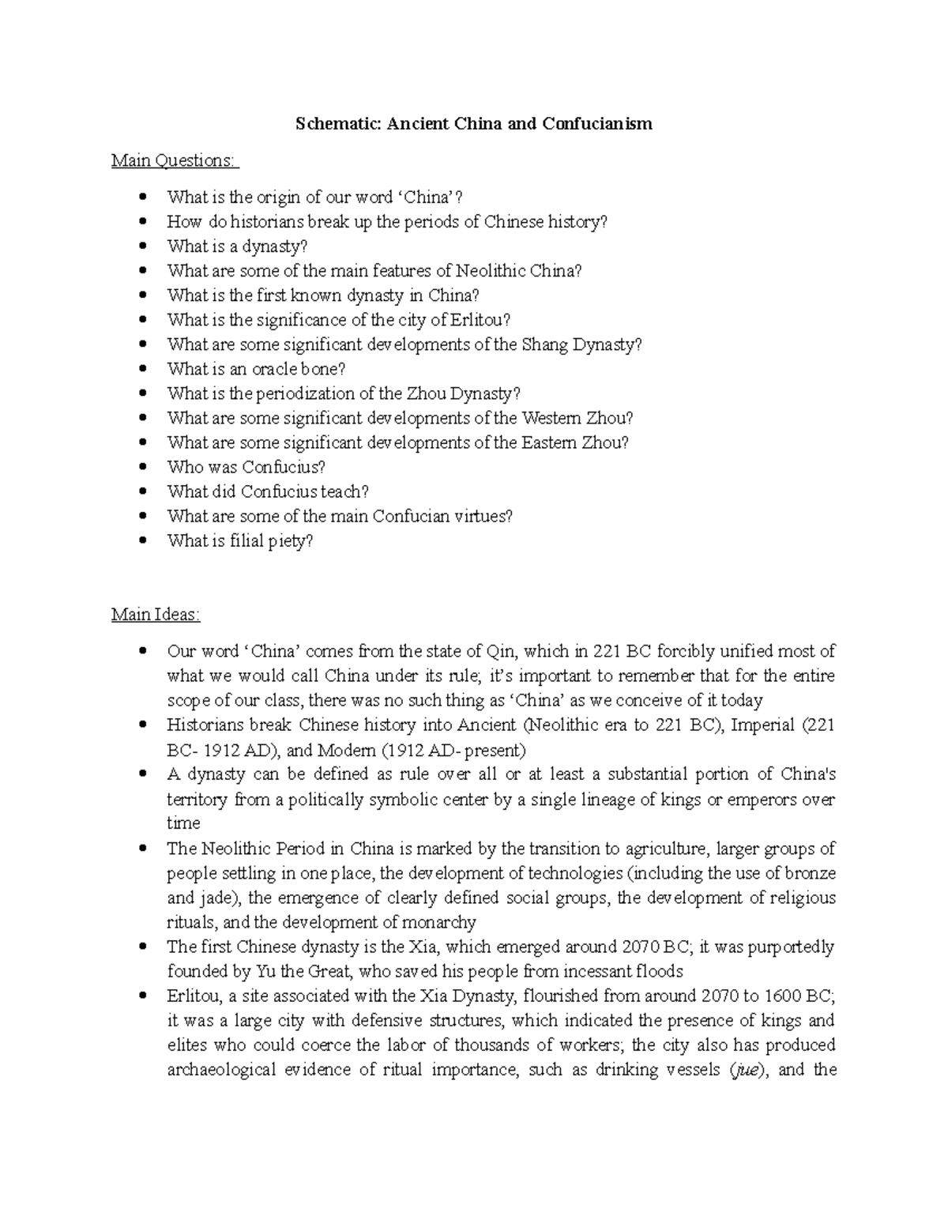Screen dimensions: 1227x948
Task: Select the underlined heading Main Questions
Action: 173,160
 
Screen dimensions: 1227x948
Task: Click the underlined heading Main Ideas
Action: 156,614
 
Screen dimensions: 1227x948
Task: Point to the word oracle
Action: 275,369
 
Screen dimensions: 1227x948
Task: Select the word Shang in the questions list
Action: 544,344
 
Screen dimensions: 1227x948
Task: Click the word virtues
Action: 480,517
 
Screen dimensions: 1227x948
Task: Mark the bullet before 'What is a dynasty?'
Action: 142,247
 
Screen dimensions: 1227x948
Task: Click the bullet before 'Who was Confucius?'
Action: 142,467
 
